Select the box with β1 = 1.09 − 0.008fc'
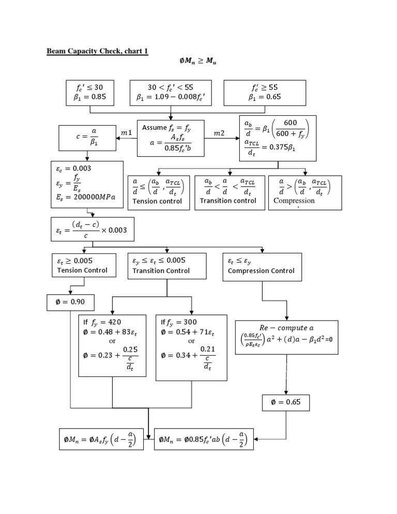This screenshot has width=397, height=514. [170, 92]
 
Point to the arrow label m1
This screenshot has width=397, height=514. [126, 133]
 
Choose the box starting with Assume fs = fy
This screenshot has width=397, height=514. [171, 138]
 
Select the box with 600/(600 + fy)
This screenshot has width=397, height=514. [278, 139]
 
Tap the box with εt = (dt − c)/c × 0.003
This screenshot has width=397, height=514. [94, 229]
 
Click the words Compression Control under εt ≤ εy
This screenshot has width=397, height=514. [261, 270]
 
